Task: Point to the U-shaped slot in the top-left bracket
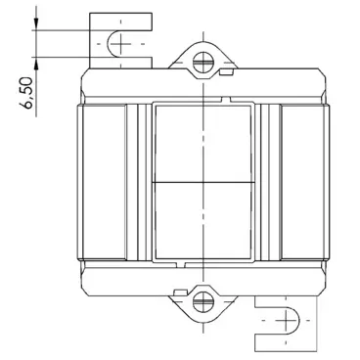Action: [x=118, y=43]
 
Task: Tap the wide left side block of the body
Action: [x=103, y=181]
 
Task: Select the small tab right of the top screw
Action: [x=226, y=70]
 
